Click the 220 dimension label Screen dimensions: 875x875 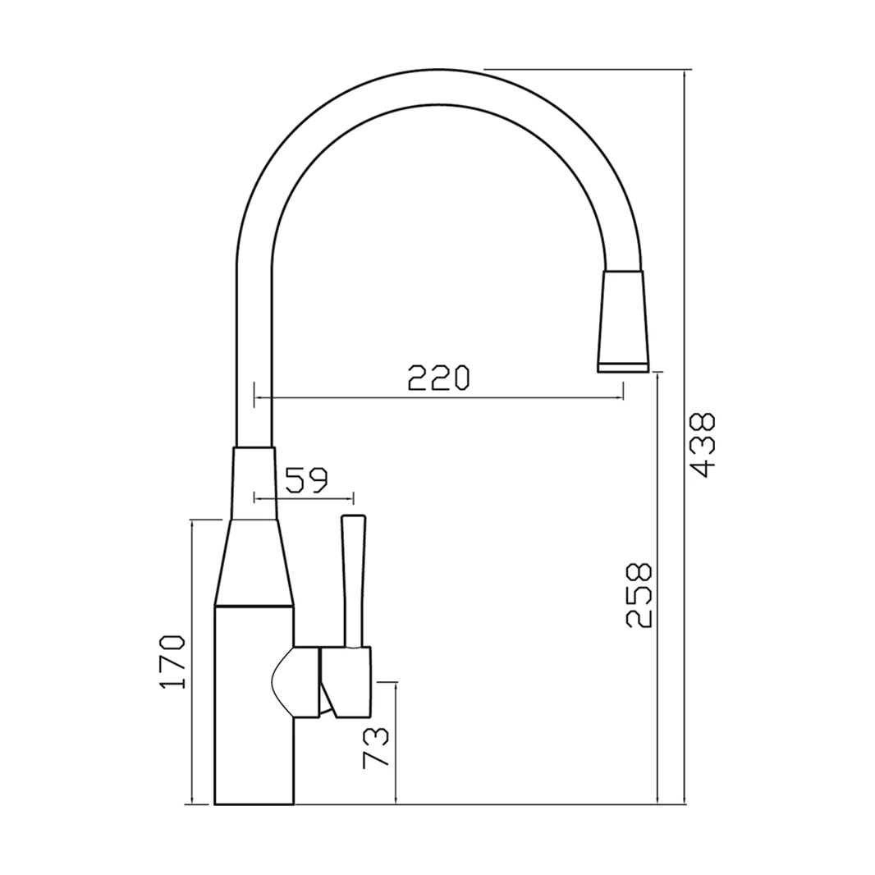pyautogui.click(x=438, y=377)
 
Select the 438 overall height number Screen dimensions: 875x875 pyautogui.click(x=703, y=444)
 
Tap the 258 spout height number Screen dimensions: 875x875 pyautogui.click(x=639, y=595)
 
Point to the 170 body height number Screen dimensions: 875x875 pyautogui.click(x=173, y=662)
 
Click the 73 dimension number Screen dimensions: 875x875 pyautogui.click(x=376, y=747)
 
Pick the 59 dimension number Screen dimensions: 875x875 pyautogui.click(x=306, y=479)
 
